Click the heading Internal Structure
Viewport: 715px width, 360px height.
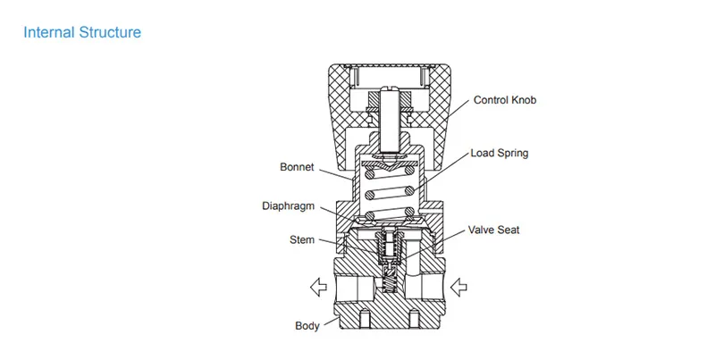(x=82, y=32)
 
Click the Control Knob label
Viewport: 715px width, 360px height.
(x=505, y=100)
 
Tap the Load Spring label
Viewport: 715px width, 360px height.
(x=500, y=153)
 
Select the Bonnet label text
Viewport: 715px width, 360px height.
(x=297, y=167)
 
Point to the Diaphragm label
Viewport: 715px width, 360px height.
(x=288, y=206)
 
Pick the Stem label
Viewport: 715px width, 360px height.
(x=302, y=239)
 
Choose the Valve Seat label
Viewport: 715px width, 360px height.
(x=494, y=230)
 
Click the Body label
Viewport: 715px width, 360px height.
(x=307, y=326)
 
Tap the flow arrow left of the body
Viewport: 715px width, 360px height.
(x=318, y=287)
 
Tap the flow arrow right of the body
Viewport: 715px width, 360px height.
(x=458, y=287)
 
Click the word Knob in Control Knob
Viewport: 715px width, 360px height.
(x=524, y=100)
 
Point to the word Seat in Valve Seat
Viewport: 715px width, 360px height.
(x=508, y=230)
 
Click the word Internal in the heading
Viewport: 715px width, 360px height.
(x=49, y=32)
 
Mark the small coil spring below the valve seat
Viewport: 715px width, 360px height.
(x=389, y=284)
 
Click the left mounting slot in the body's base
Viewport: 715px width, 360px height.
(x=364, y=319)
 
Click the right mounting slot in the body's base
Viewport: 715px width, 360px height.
(x=414, y=319)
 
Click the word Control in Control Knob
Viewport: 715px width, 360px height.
(x=491, y=100)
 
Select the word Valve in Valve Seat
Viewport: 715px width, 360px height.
(x=481, y=230)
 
